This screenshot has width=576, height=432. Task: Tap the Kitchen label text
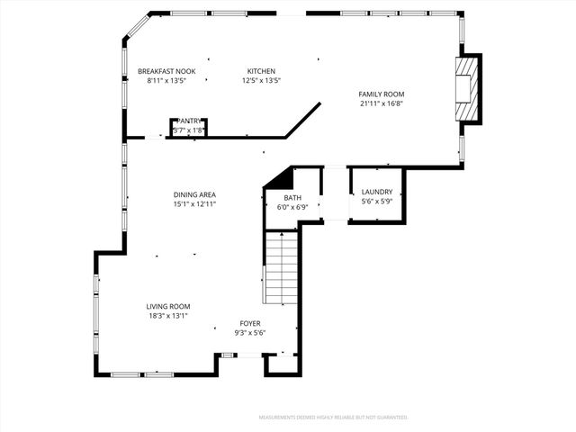pyautogui.click(x=261, y=71)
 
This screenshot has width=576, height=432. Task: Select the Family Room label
pyautogui.click(x=382, y=94)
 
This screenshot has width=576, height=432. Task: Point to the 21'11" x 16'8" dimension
pyautogui.click(x=382, y=103)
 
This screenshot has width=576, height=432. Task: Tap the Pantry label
pyautogui.click(x=189, y=121)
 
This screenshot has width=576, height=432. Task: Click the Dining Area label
pyautogui.click(x=194, y=194)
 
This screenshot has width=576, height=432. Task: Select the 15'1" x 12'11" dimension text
pyautogui.click(x=194, y=203)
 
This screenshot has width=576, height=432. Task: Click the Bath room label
pyautogui.click(x=292, y=198)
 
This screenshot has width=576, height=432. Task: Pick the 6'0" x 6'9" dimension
pyautogui.click(x=292, y=207)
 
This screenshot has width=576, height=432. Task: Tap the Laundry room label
pyautogui.click(x=376, y=192)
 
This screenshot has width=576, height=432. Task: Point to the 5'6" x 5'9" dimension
pyautogui.click(x=376, y=201)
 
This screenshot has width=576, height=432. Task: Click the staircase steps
pyautogui.click(x=281, y=267)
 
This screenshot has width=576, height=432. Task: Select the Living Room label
pyautogui.click(x=168, y=306)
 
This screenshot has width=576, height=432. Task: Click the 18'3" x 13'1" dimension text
pyautogui.click(x=168, y=315)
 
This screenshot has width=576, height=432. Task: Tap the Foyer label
pyautogui.click(x=250, y=323)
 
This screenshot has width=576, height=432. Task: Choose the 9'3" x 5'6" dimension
pyautogui.click(x=250, y=332)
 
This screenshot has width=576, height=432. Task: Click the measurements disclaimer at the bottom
pyautogui.click(x=333, y=418)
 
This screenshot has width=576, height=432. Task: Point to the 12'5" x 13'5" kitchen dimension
pyautogui.click(x=261, y=80)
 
